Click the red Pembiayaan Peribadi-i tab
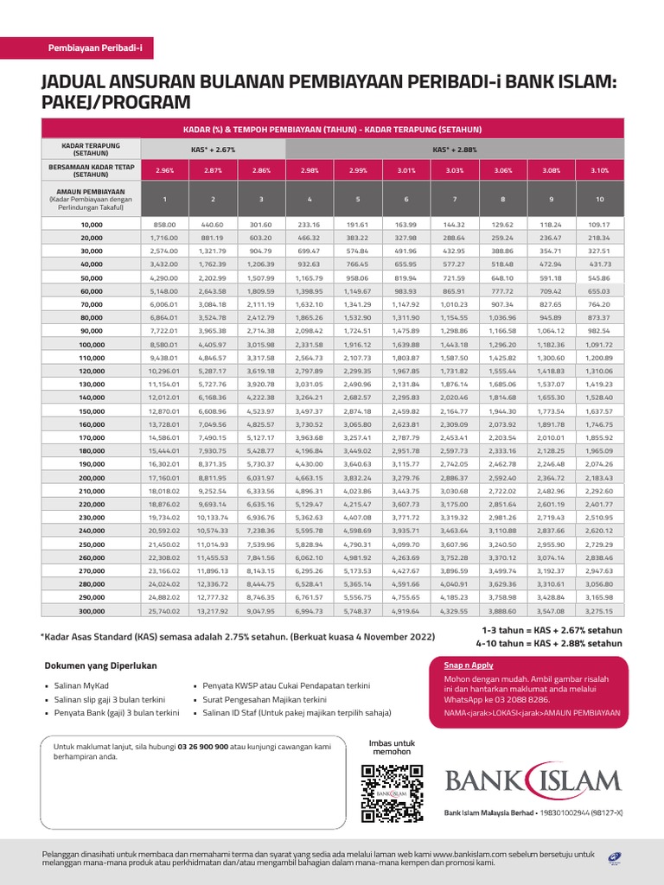(100, 49)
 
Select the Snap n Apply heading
(469, 665)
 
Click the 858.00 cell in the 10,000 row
(163, 224)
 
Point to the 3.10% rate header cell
(599, 170)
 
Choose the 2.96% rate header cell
(163, 170)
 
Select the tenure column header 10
(599, 200)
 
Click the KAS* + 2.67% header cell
(212, 150)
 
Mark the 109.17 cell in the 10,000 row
(599, 224)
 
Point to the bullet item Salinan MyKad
(77, 685)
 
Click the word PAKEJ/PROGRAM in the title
(115, 103)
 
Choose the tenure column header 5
(357, 200)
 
